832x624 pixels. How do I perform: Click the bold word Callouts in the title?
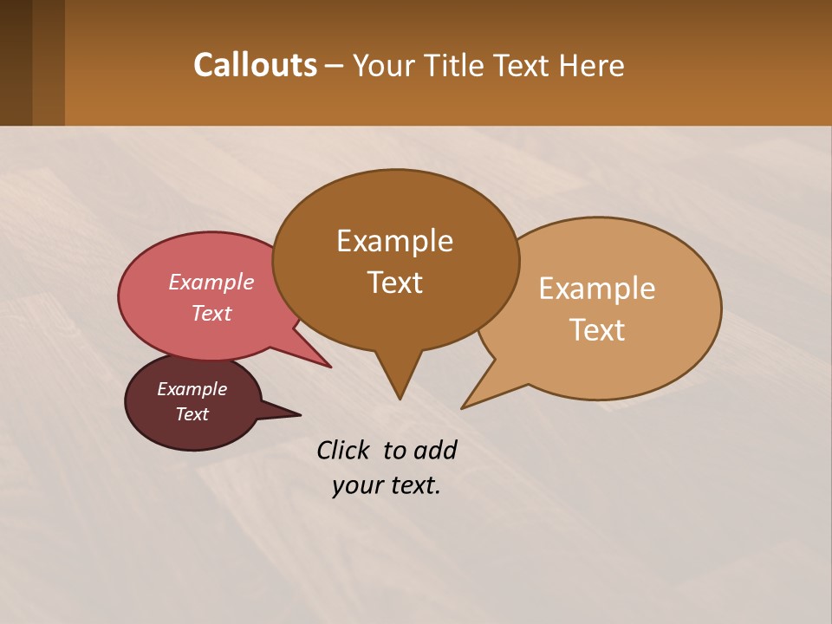[255, 65]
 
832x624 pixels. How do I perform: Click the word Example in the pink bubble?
[211, 282]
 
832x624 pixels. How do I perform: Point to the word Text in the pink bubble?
[211, 313]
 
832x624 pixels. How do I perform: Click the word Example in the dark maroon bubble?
[192, 389]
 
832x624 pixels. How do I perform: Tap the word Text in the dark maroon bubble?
[192, 414]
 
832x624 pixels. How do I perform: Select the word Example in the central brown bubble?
[395, 241]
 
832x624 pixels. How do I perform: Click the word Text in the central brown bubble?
[395, 283]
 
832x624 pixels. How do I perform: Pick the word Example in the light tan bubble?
[597, 289]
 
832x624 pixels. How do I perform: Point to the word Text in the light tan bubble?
[597, 330]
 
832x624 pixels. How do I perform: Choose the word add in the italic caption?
[435, 450]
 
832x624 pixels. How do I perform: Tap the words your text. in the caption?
[387, 485]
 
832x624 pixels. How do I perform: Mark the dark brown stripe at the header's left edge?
[16, 62]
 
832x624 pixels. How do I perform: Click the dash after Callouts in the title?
[335, 66]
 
